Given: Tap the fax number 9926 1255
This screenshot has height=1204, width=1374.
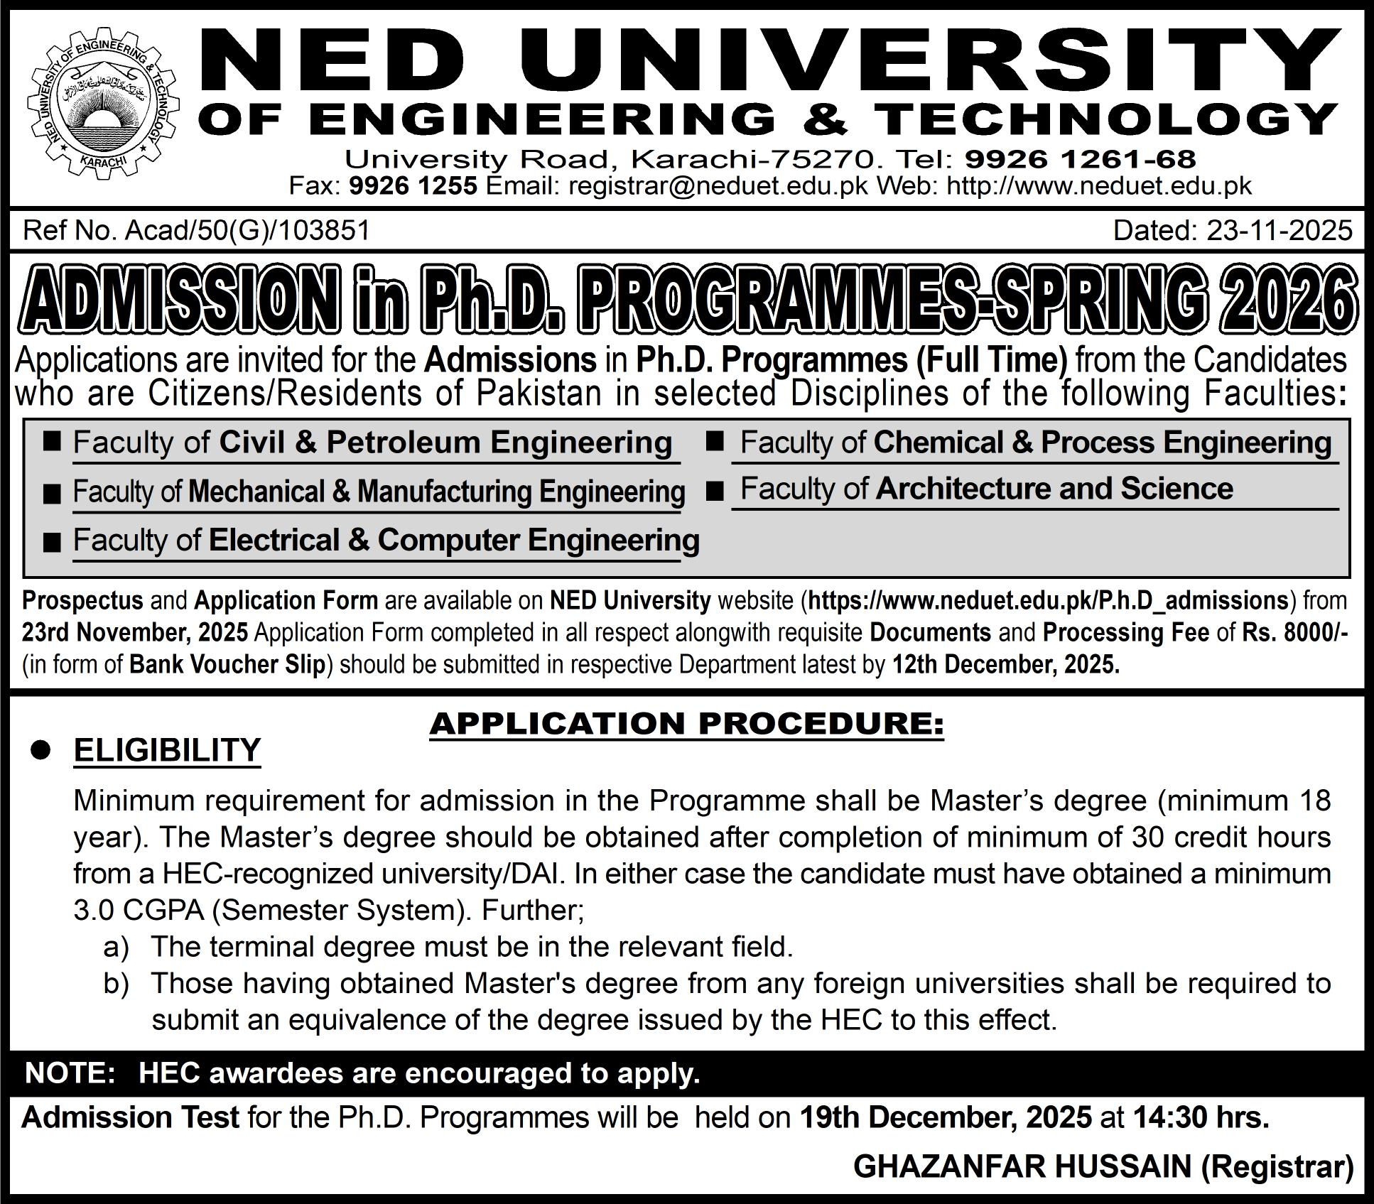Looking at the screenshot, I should pos(413,186).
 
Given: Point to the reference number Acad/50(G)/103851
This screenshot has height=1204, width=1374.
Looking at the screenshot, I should pos(247,231).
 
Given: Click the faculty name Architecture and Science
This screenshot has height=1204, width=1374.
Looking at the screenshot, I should pos(1054,489).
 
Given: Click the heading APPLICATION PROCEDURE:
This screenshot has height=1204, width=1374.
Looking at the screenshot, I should pos(686,724).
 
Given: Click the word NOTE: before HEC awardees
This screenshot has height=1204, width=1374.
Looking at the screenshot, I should pos(70,1073).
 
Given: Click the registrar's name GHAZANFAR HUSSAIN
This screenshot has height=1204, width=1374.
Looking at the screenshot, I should pos(1022,1167).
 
